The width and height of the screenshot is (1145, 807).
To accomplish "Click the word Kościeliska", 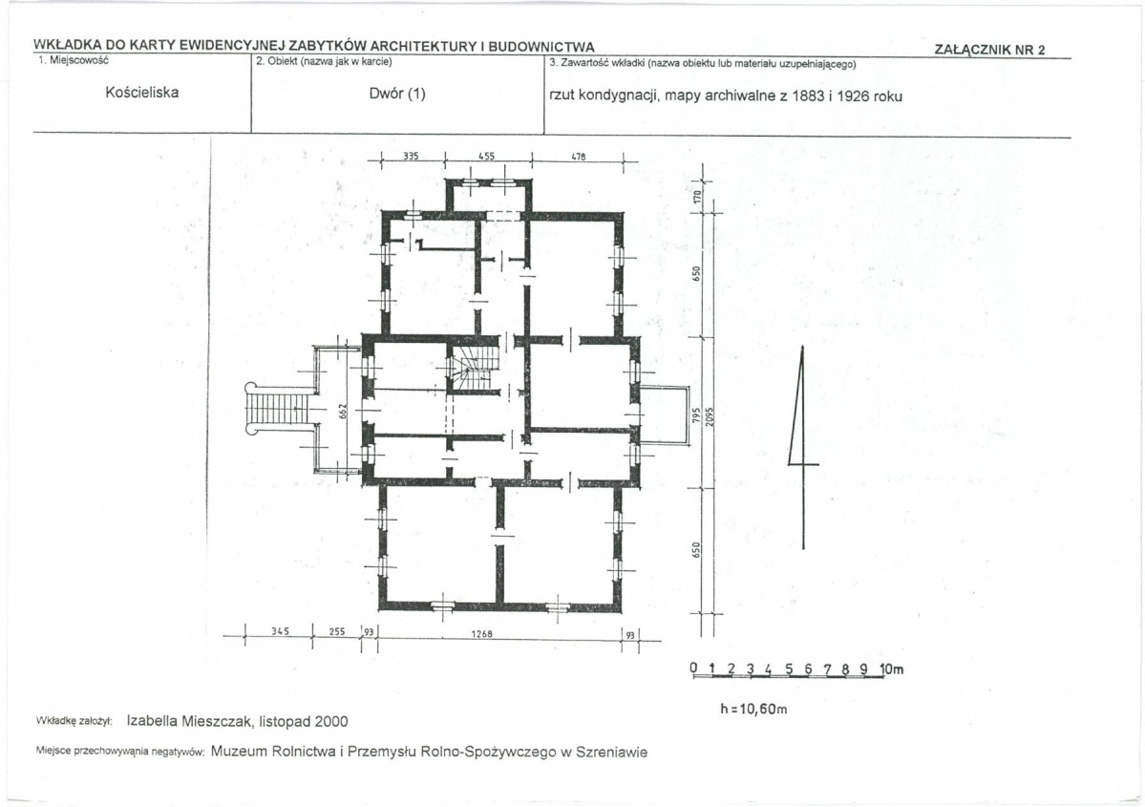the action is pos(141,93).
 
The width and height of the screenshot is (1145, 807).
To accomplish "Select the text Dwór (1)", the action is pos(397,94).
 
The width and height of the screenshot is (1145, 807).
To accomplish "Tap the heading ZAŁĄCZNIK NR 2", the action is pos(989,50).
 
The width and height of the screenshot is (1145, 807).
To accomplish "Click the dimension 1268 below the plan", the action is pos(481,633).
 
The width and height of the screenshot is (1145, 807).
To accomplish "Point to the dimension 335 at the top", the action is pos(412,156).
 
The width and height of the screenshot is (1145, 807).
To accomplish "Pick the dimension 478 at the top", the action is pos(578,157).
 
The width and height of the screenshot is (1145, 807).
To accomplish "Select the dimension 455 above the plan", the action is pos(486,156).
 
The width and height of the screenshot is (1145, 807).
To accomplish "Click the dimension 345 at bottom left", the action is pos(281,631).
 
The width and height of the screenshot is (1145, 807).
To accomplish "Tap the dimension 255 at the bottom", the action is pos(337,631).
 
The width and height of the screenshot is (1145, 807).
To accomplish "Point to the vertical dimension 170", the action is pos(696,197).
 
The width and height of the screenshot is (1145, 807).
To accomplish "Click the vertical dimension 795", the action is pos(696,415).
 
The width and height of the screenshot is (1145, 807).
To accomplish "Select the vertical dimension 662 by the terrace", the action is pos(342,412).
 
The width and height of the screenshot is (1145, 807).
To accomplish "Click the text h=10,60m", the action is pos(753,710).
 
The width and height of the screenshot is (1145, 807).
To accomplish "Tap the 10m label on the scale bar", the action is pos(892,669).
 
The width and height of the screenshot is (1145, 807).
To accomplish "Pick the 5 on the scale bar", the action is pos(789,669).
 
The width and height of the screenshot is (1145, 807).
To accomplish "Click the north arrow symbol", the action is pos(802,447).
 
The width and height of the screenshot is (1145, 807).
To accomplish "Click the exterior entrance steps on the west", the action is pos(279,408).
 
